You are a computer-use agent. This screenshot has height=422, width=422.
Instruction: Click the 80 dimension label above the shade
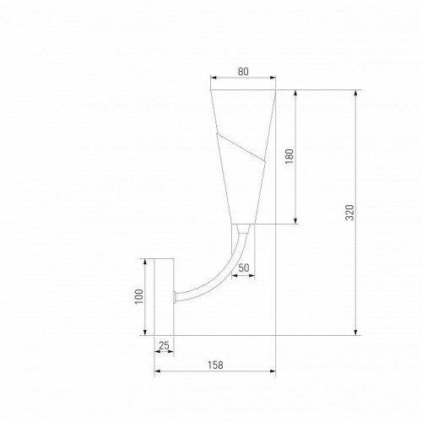[x=243, y=72]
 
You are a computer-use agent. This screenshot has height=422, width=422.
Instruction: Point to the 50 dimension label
[x=244, y=268]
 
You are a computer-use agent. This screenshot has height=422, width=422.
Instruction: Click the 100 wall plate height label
[x=140, y=296]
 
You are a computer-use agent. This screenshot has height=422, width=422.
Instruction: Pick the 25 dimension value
[x=164, y=345]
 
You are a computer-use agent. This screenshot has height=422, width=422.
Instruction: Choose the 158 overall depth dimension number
[x=215, y=365]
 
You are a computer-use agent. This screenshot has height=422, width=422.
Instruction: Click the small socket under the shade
[x=243, y=228]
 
